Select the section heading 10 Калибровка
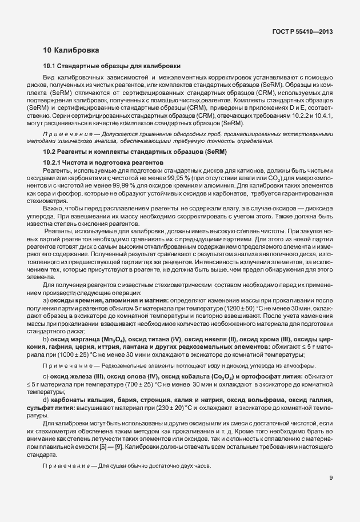pos(71,51)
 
